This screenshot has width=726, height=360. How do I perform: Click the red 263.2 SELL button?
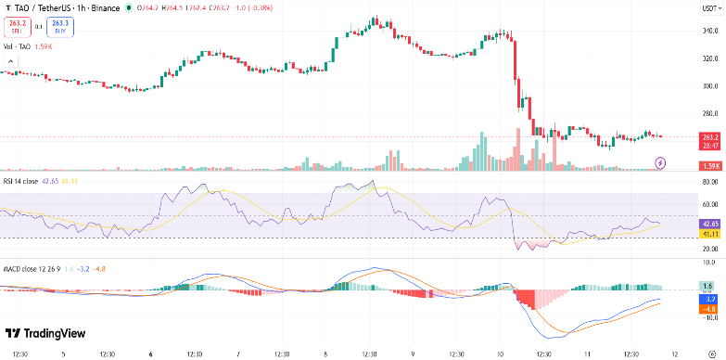click(x=16, y=27)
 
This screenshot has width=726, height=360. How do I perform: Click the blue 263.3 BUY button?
click(x=61, y=27)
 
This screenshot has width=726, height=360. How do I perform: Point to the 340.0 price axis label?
click(x=709, y=31)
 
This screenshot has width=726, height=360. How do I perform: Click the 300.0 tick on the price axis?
click(x=709, y=86)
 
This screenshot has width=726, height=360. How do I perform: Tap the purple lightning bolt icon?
click(x=660, y=162)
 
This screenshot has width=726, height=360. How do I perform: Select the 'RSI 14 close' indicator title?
click(x=21, y=181)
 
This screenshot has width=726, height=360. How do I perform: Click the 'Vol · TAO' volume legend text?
click(x=16, y=46)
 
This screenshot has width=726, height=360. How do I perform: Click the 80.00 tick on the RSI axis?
click(x=709, y=184)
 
